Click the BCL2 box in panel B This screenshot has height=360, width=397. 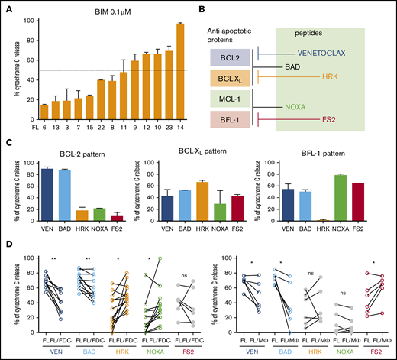point(226,57)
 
